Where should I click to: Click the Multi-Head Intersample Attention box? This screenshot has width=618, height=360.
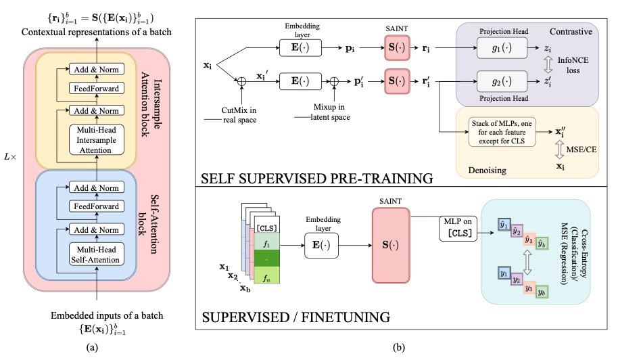coord(97,139)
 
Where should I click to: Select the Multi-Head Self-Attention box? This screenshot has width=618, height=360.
coord(97,254)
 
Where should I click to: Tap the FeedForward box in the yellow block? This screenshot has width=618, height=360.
coord(97,89)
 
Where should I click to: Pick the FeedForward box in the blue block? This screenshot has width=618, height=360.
coord(97,206)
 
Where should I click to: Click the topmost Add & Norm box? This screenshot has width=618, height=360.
coord(97,70)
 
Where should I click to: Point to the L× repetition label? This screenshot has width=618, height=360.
coord(10,157)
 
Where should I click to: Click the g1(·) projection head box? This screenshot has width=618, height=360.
coord(502,48)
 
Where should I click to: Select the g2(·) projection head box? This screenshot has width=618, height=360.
coord(502,81)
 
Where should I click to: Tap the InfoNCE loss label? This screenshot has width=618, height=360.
coord(573,65)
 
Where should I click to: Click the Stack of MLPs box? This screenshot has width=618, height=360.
coord(502,132)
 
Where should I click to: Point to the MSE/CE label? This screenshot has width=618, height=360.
coord(581,150)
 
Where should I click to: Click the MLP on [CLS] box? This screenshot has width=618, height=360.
coord(458,228)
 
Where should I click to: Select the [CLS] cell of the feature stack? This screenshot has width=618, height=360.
coord(267,228)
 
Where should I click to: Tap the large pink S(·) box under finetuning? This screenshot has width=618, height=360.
coord(391,245)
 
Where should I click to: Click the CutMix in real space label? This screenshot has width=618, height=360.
coord(239,115)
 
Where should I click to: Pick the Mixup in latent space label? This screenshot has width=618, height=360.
coord(330,112)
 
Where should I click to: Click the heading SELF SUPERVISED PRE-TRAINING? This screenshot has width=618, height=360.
coord(317,179)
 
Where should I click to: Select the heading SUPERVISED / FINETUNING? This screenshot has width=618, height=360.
coord(296,317)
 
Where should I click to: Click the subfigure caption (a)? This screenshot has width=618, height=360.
coord(92,347)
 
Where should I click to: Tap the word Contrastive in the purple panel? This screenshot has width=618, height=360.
coord(571,32)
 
